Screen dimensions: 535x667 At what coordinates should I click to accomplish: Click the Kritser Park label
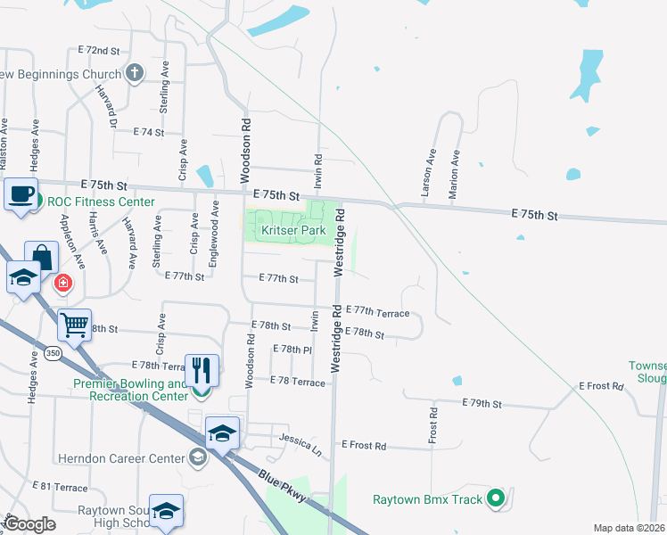click(x=292, y=230)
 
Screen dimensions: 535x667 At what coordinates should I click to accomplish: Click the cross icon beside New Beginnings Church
click(x=135, y=73)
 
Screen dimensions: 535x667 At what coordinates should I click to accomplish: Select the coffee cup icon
click(x=21, y=193)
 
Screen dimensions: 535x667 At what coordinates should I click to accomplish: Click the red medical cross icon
click(x=63, y=284)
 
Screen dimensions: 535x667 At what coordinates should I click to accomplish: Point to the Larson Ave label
click(x=428, y=173)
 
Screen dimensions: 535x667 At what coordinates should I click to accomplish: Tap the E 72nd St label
click(x=98, y=51)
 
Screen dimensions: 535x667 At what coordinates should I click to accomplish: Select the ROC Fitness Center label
click(x=101, y=202)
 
